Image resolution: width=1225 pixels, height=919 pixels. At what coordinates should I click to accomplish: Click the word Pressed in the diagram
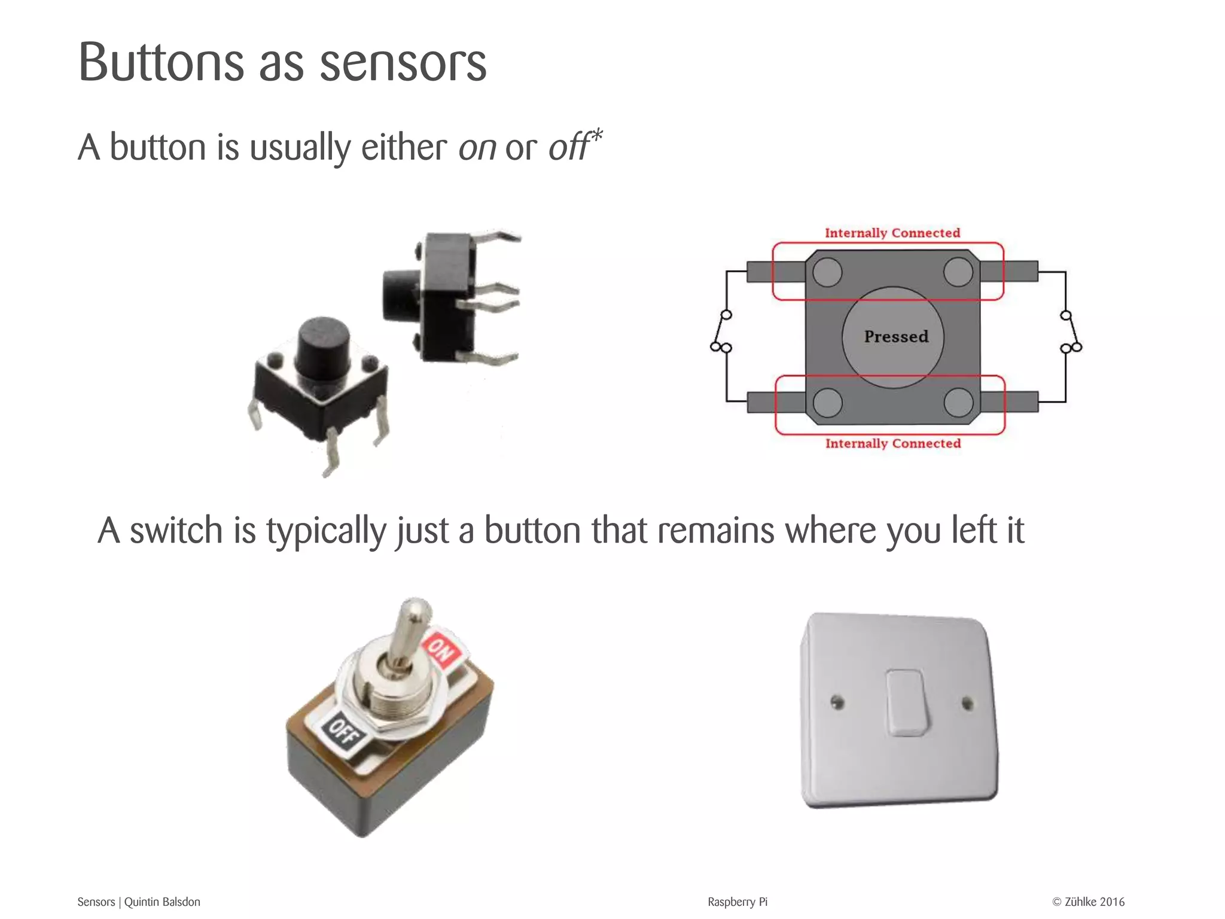click(896, 336)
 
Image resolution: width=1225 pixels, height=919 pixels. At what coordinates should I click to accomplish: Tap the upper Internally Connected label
click(892, 233)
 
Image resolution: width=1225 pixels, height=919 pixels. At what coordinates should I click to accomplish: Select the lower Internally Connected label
click(892, 443)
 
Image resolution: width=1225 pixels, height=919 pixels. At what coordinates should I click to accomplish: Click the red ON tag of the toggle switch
click(441, 648)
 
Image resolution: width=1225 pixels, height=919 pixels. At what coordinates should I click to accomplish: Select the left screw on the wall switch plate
click(838, 702)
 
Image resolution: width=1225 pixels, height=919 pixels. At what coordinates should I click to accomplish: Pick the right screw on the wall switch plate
click(967, 704)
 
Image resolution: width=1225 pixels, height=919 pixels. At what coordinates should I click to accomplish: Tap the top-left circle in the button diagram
click(827, 272)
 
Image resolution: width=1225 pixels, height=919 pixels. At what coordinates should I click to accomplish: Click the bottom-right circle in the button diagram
click(958, 402)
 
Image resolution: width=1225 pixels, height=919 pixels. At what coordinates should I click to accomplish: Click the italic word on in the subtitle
click(477, 147)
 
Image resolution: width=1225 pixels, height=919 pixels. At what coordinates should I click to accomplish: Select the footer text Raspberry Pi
click(737, 902)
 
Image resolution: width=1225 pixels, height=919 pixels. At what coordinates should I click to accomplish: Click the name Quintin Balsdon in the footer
click(162, 902)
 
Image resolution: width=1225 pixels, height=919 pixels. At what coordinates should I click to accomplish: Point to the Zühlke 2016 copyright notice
click(1088, 902)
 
